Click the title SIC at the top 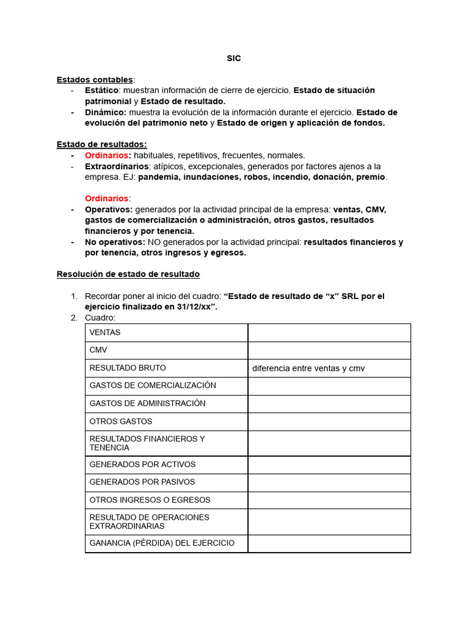click(x=234, y=58)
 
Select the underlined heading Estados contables click(x=95, y=79)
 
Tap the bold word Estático click(x=101, y=90)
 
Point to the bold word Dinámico click(x=106, y=112)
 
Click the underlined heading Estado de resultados click(x=101, y=144)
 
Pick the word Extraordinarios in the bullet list click(x=116, y=166)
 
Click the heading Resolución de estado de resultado click(x=128, y=274)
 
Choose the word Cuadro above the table click(x=100, y=318)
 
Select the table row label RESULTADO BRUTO click(x=128, y=368)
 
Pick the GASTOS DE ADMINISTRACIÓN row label click(x=147, y=403)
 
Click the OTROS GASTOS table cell click(x=121, y=421)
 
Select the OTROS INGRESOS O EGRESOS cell click(x=149, y=499)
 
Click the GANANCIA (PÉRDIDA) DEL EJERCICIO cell click(x=162, y=543)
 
